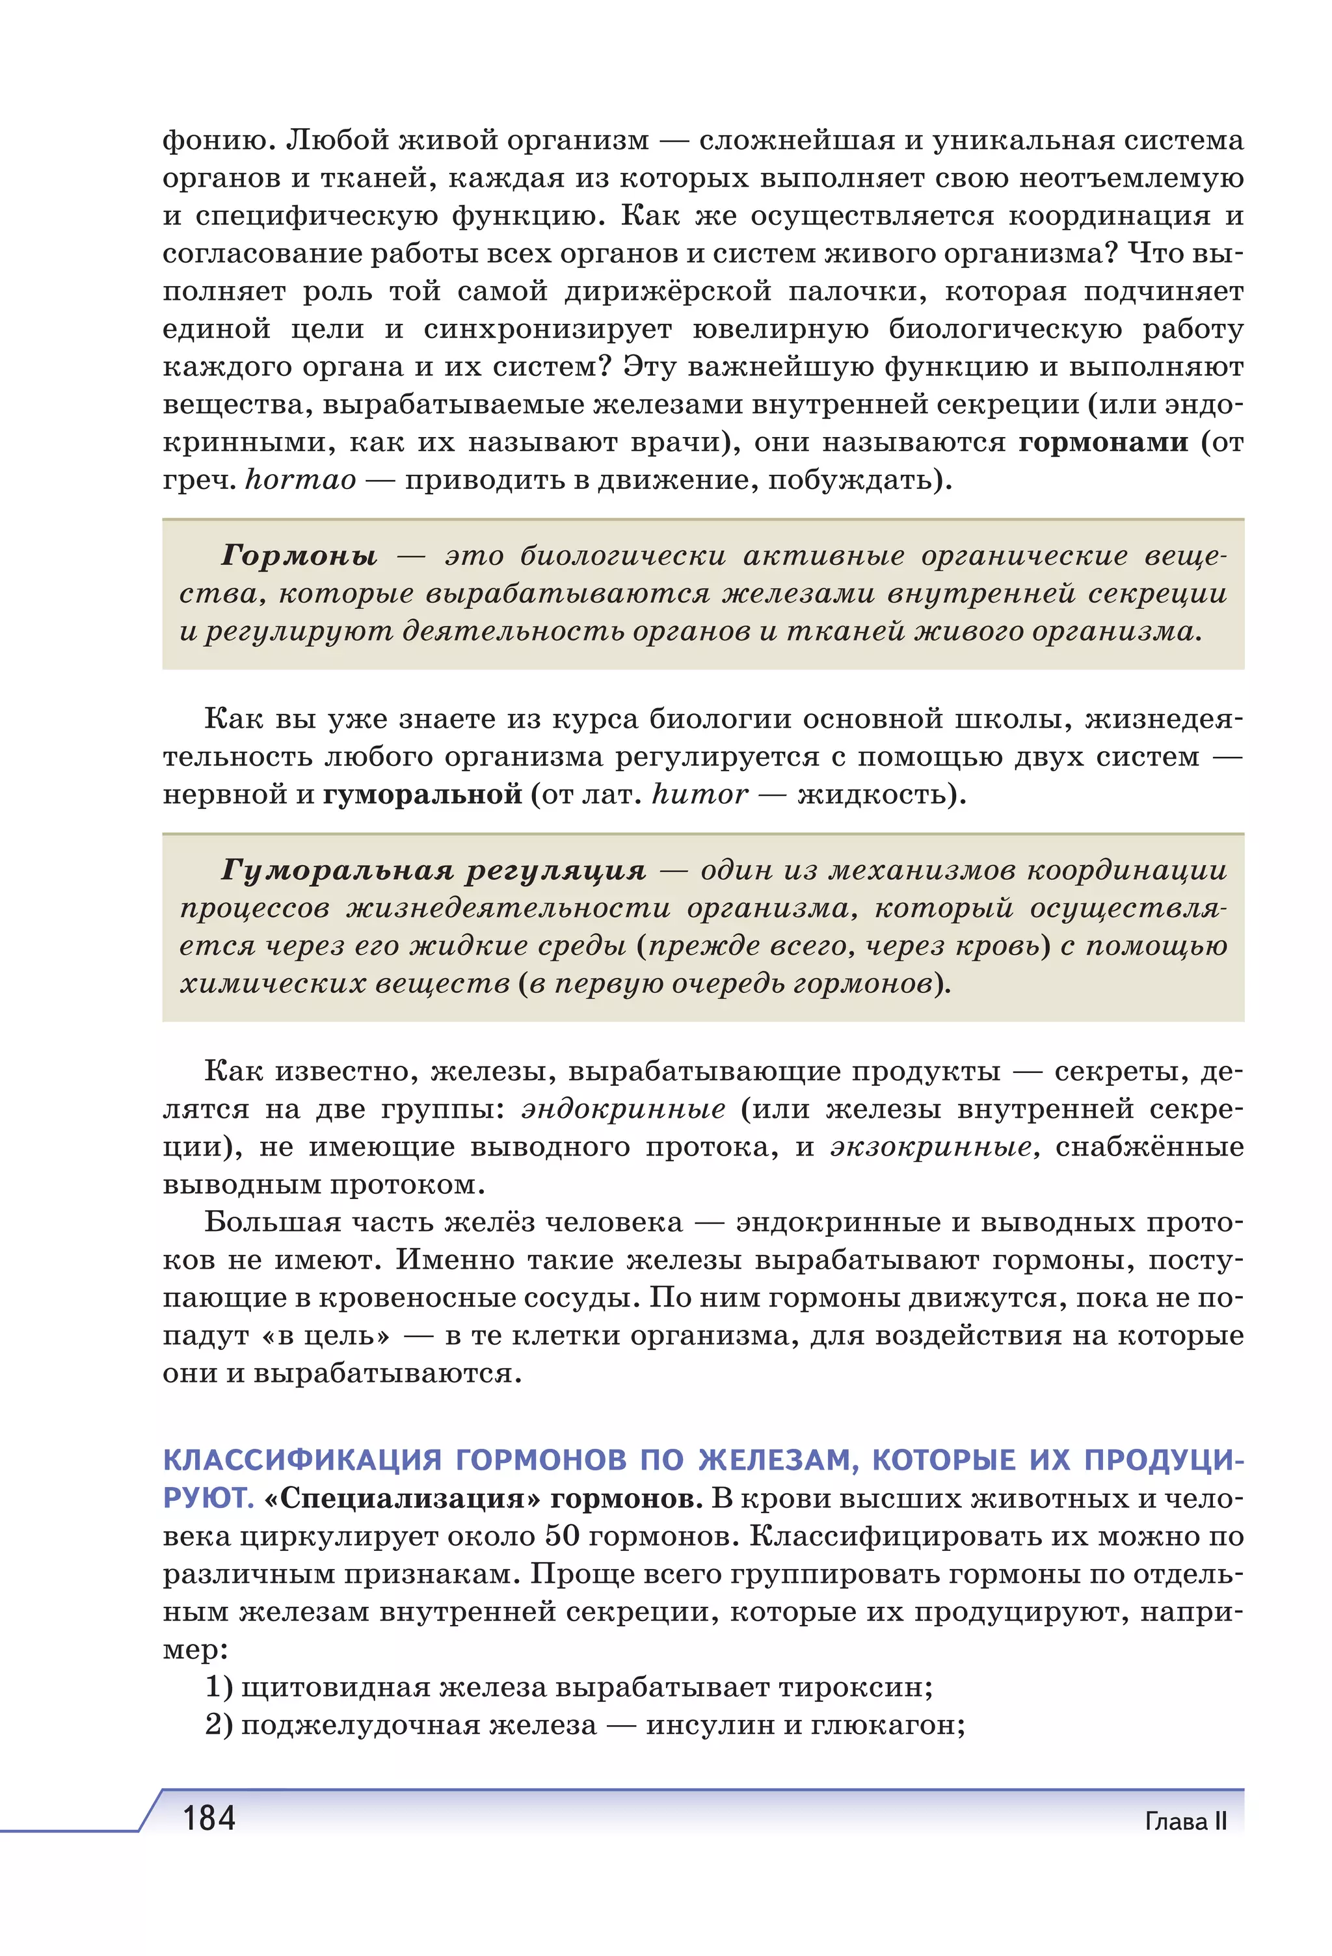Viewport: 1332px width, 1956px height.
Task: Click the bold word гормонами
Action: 1102,442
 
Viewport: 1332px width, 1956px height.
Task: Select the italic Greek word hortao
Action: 300,480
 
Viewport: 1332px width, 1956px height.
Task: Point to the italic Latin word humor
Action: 699,794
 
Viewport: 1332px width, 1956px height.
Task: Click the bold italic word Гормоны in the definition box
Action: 299,555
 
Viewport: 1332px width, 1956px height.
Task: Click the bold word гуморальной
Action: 423,794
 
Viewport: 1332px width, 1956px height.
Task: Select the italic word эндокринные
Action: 623,1109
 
